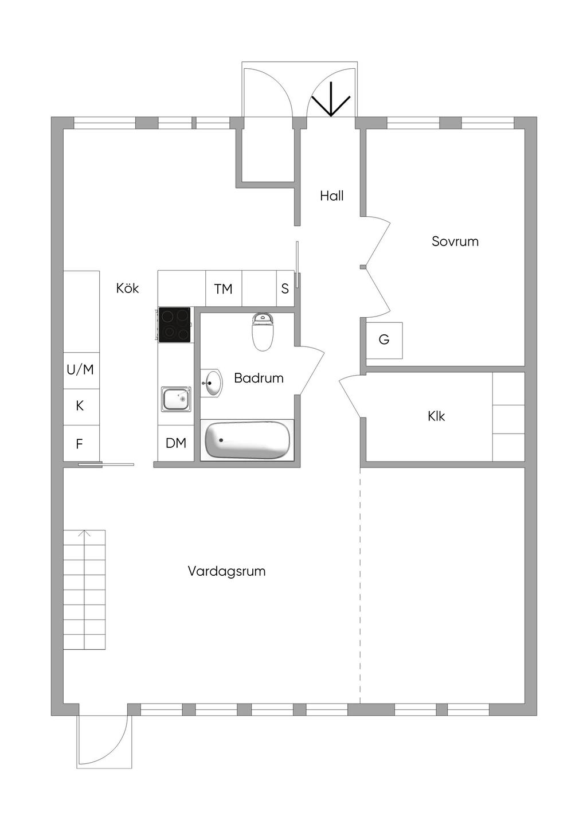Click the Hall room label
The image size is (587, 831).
331,196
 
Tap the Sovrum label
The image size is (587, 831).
455,241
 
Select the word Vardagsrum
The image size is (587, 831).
226,571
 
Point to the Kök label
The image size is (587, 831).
127,288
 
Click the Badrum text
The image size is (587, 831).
259,378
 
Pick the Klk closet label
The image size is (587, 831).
436,416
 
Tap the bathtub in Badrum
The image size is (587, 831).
247,440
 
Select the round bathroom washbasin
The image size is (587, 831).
212,383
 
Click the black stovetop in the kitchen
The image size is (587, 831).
175,325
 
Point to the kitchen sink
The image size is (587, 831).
175,399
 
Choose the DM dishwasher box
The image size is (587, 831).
176,443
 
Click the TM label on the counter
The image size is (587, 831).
223,289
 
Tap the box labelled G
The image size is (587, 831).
384,340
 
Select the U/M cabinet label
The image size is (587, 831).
80,370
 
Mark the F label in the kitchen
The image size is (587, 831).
80,444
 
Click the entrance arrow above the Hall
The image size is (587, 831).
331,100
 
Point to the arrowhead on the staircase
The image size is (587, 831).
85,534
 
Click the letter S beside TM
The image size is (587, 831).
285,288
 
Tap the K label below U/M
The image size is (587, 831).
80,406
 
